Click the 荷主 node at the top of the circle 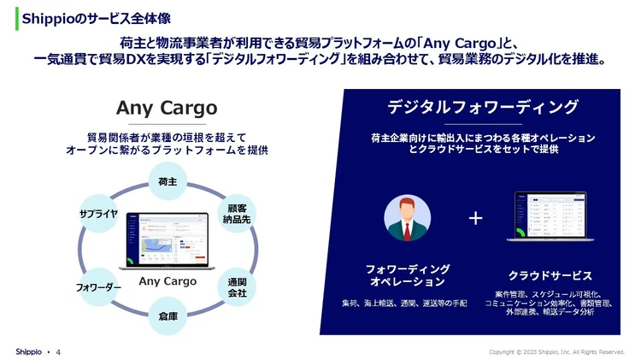click(168, 182)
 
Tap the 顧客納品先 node click(237, 214)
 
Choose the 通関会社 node click(237, 287)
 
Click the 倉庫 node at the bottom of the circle click(168, 316)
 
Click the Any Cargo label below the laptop click(168, 281)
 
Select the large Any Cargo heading click(167, 109)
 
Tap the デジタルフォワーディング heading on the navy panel click(483, 107)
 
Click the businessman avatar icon click(406, 218)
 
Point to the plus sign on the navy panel click(476, 218)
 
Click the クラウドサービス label click(550, 275)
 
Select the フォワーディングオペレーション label click(406, 275)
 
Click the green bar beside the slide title click(16, 17)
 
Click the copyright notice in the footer click(556, 351)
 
